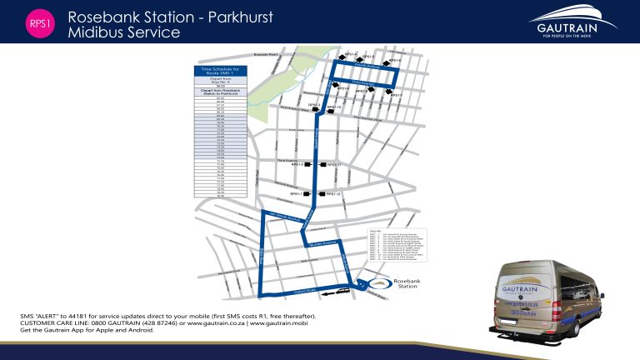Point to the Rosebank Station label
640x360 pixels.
coord(407,284)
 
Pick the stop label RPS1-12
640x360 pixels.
coord(333,194)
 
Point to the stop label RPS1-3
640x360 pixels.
coord(304,105)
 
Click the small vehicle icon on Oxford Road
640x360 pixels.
coord(341,292)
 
